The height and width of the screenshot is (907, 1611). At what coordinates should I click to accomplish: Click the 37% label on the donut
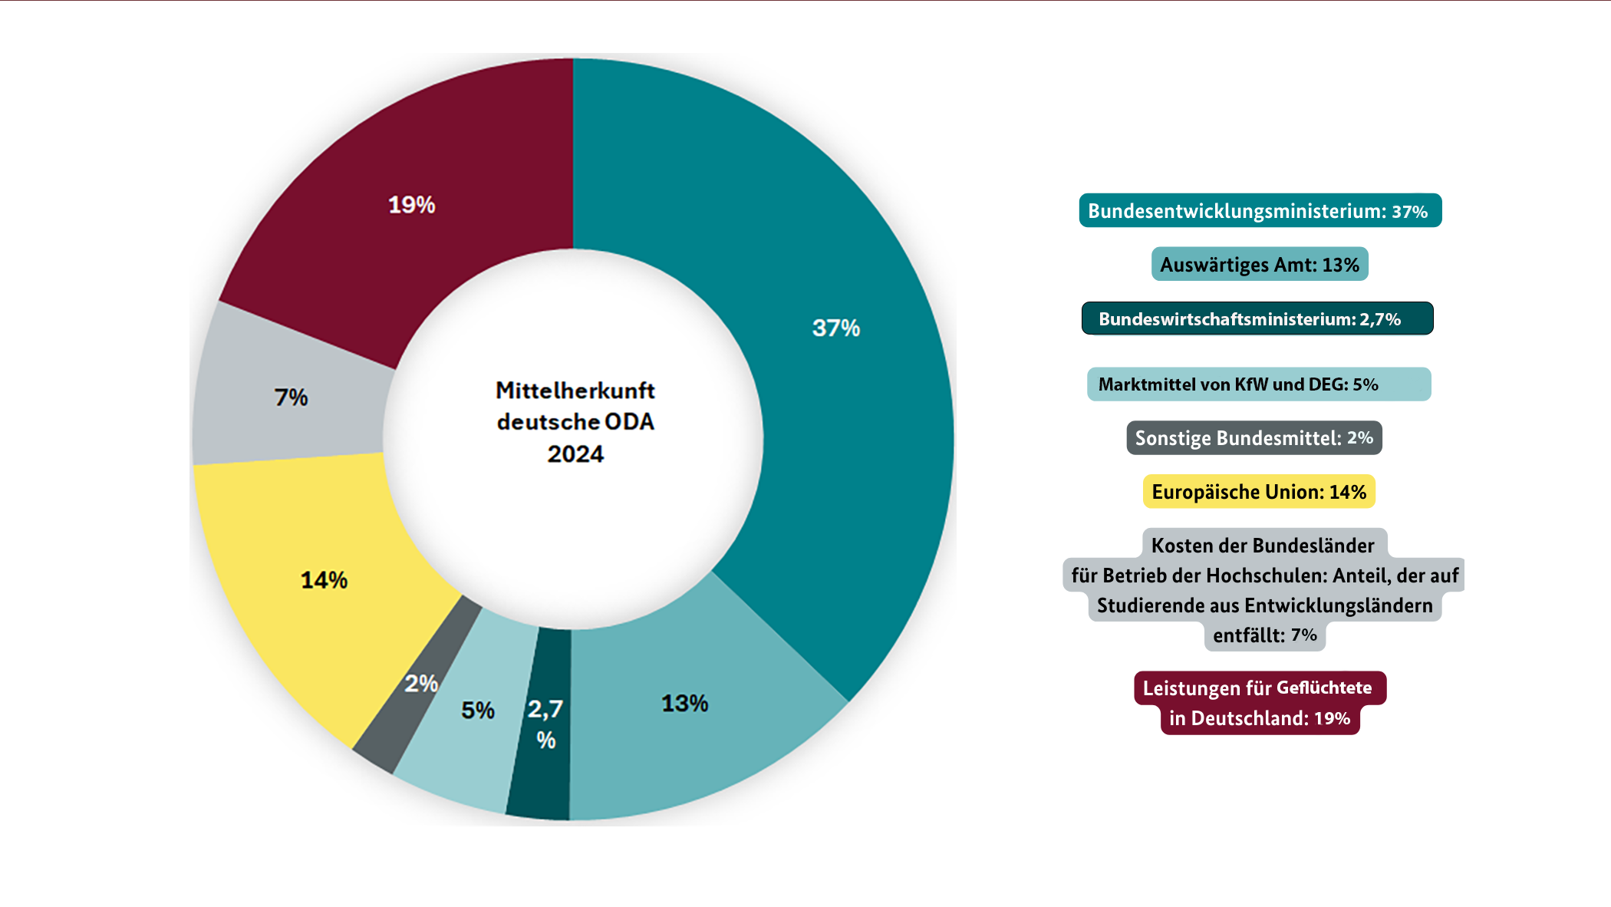click(x=835, y=328)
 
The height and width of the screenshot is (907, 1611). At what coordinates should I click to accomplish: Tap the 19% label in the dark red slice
click(x=411, y=205)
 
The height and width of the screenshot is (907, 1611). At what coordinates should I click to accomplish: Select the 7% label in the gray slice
click(x=291, y=397)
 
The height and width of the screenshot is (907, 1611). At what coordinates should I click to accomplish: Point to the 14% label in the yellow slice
click(x=324, y=580)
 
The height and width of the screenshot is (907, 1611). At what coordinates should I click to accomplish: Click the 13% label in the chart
click(x=684, y=704)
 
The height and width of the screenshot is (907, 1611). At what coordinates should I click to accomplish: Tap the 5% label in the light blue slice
click(x=477, y=711)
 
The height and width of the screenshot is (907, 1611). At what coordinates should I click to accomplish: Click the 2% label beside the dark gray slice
click(x=421, y=684)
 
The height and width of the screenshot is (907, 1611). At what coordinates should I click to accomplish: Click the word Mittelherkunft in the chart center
click(x=575, y=391)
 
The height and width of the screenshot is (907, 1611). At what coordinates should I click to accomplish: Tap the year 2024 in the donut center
click(x=575, y=454)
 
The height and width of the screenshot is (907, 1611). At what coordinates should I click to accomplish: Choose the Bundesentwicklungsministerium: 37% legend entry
click(x=1259, y=211)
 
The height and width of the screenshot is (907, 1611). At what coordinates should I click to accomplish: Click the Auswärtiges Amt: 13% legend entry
click(x=1259, y=265)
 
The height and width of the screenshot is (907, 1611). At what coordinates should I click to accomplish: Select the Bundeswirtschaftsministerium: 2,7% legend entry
click(x=1257, y=319)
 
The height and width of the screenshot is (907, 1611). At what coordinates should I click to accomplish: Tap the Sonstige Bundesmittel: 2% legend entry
click(x=1254, y=438)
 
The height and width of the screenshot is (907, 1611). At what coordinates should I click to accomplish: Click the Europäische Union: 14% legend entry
click(x=1258, y=492)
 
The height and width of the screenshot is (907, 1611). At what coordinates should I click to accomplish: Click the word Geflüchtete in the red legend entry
click(x=1323, y=688)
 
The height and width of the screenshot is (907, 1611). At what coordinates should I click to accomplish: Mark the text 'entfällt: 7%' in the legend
click(x=1264, y=635)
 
